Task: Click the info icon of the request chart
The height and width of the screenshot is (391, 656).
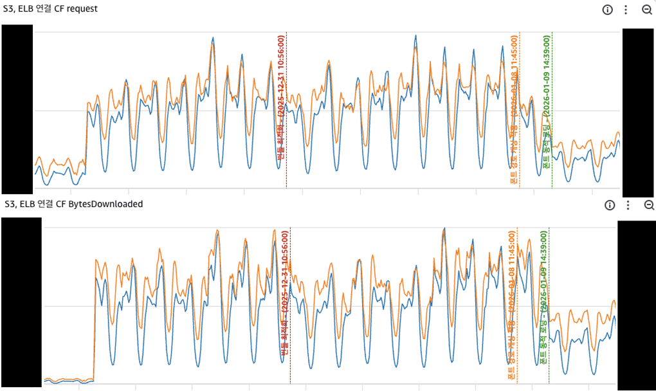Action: tap(608, 10)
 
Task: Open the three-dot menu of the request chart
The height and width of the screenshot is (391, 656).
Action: tap(626, 10)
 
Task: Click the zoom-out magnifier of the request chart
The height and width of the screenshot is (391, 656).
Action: tap(647, 10)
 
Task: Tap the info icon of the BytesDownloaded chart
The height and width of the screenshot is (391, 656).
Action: tap(610, 205)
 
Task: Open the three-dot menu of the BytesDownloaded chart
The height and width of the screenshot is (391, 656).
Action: tap(628, 205)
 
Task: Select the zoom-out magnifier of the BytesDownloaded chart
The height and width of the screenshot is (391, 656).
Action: tap(648, 205)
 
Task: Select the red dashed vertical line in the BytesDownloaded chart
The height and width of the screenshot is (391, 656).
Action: tap(291, 367)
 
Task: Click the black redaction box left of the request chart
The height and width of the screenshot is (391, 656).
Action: tap(17, 109)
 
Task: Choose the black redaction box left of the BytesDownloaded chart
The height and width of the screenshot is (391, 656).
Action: tap(21, 302)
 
